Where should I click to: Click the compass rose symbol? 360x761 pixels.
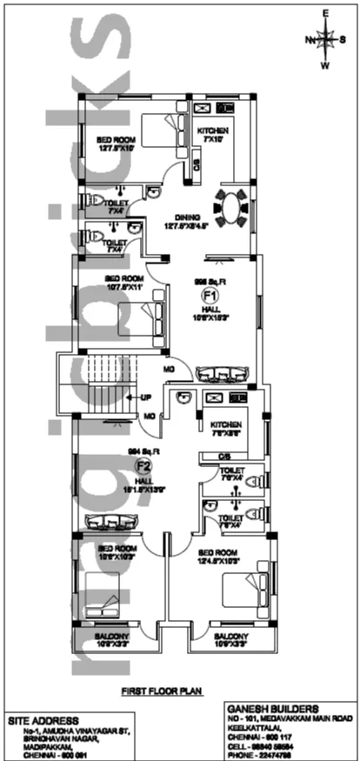pyautogui.click(x=326, y=39)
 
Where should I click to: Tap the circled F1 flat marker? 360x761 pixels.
pyautogui.click(x=209, y=297)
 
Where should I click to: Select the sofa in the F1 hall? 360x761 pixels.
pyautogui.click(x=224, y=375)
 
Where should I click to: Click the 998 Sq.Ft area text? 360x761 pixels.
pyautogui.click(x=210, y=281)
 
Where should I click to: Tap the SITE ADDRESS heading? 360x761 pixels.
pyautogui.click(x=43, y=720)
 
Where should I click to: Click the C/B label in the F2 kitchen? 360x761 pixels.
pyautogui.click(x=223, y=455)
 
